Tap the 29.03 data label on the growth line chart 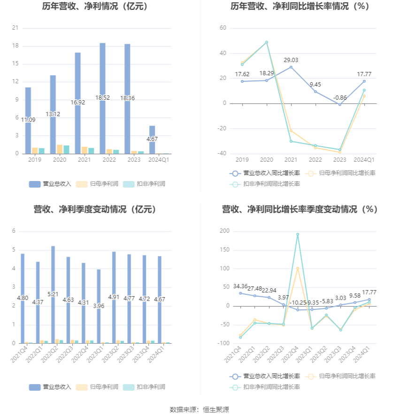[291, 60]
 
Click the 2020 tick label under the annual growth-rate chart [267, 160]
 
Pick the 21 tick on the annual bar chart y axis [15, 28]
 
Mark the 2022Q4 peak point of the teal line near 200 [298, 234]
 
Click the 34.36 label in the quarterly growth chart [240, 286]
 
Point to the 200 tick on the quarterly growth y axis [224, 231]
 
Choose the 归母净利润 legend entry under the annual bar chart [98, 184]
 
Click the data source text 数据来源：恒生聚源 [199, 410]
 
